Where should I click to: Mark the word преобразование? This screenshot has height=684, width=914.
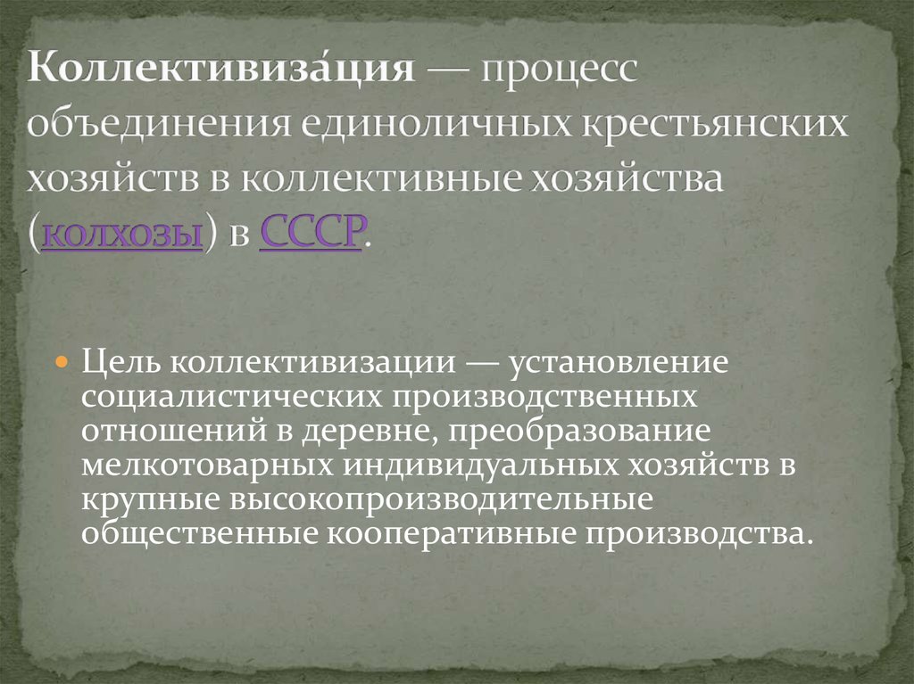pos(580,430)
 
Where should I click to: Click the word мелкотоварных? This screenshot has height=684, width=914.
pos(211,464)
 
